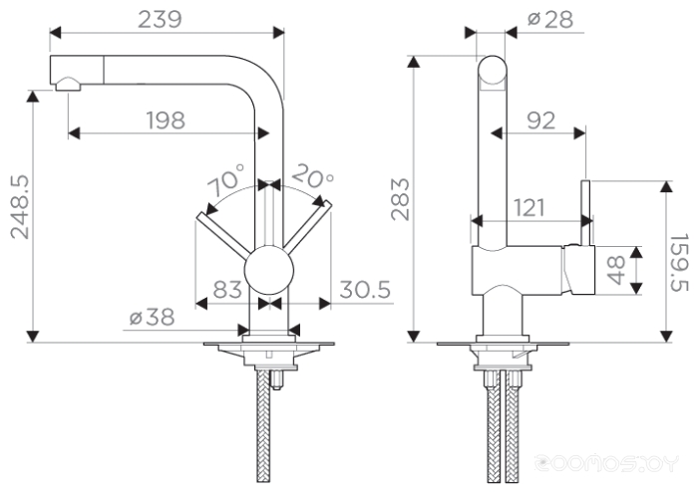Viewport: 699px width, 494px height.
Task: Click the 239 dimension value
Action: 160,19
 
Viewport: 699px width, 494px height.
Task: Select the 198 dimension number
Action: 166,121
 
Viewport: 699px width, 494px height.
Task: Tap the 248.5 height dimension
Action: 20,207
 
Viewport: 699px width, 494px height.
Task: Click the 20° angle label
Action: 312,176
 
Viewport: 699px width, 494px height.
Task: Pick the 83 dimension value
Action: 227,290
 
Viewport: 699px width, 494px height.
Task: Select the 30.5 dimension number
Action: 365,290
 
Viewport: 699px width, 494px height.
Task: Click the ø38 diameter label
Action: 152,318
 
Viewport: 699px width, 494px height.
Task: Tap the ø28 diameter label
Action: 550,19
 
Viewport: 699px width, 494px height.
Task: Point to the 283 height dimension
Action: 400,199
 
